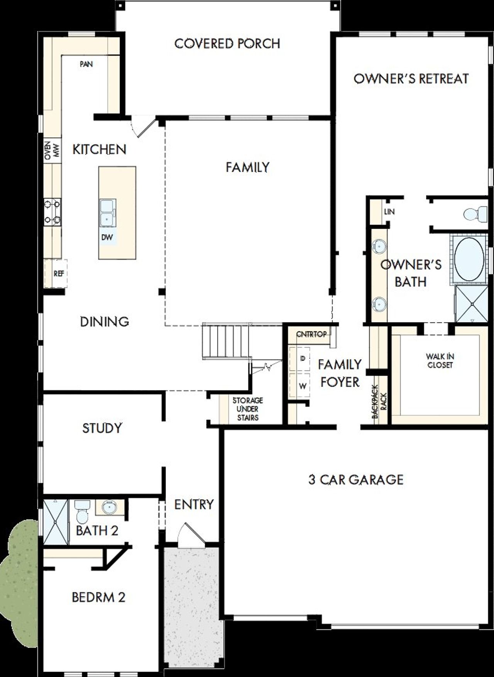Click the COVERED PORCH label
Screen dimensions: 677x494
(227, 44)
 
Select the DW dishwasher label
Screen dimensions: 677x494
(107, 237)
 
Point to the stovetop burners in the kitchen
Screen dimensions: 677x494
(52, 212)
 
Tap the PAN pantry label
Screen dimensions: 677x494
(86, 64)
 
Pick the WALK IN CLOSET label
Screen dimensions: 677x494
(440, 361)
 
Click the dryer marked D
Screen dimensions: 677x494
(303, 359)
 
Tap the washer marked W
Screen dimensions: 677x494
(303, 386)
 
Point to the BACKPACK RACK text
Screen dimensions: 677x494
(379, 402)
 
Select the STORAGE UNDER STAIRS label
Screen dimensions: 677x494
(247, 409)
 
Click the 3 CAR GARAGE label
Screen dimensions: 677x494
(355, 479)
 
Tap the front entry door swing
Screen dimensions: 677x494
(190, 534)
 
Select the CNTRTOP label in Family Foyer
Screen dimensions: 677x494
(311, 334)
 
